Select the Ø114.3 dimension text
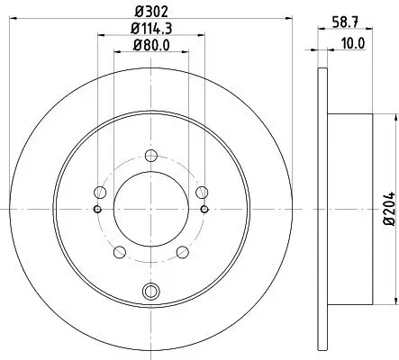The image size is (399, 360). [x=150, y=31]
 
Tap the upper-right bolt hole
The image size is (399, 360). [x=203, y=191]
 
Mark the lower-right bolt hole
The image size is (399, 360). [x=183, y=252]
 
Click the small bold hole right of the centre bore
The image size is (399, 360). [x=206, y=209]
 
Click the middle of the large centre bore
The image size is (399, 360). [x=150, y=209]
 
